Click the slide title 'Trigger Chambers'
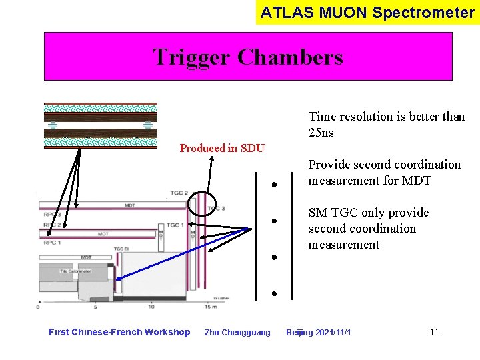[247, 57]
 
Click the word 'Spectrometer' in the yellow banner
[434, 12]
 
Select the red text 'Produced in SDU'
[222, 148]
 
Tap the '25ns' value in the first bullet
[321, 133]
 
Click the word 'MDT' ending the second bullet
[417, 181]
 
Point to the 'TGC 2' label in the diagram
[179, 193]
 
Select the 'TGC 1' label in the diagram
[176, 225]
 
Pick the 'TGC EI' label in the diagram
[121, 249]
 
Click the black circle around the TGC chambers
[201, 203]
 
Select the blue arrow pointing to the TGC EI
[180, 254]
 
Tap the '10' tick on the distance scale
[151, 307]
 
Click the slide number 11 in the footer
[434, 332]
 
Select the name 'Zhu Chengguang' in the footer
[237, 332]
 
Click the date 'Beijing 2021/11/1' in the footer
[319, 332]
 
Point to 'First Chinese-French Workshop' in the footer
[119, 332]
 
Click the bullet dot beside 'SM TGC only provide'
[274, 221]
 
